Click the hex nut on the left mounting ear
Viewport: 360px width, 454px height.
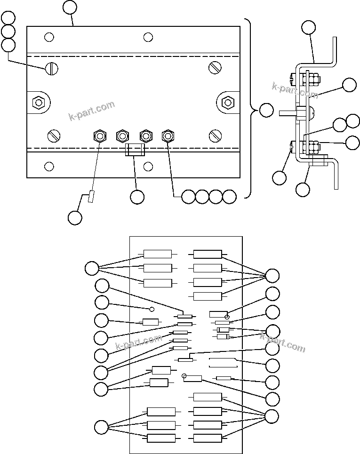(38, 102)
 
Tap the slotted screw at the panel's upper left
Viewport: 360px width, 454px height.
(52, 69)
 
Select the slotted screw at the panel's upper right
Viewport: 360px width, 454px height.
(215, 68)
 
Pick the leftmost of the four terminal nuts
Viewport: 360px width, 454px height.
(99, 136)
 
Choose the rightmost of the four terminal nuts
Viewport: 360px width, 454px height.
(168, 136)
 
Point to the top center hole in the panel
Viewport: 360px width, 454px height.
(148, 37)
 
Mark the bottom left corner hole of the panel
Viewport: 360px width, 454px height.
(49, 166)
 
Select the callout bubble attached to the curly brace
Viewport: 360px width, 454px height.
(266, 110)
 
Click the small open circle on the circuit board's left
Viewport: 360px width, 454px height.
(152, 309)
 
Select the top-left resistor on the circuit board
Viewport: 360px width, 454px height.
(158, 255)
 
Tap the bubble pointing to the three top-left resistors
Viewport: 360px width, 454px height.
(92, 269)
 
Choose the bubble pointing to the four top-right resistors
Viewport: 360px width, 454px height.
(272, 275)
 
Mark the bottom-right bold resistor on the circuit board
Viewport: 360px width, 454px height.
(208, 438)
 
